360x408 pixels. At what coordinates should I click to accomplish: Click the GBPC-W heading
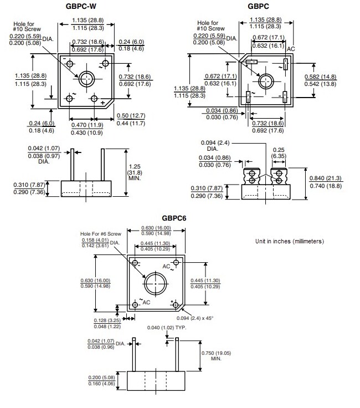point(88,6)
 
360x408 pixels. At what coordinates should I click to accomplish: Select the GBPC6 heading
point(174,218)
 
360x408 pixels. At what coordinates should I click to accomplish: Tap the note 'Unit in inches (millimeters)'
point(289,242)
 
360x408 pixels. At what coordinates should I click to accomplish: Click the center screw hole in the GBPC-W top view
point(86,79)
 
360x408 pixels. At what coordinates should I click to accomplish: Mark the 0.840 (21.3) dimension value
point(325,178)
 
